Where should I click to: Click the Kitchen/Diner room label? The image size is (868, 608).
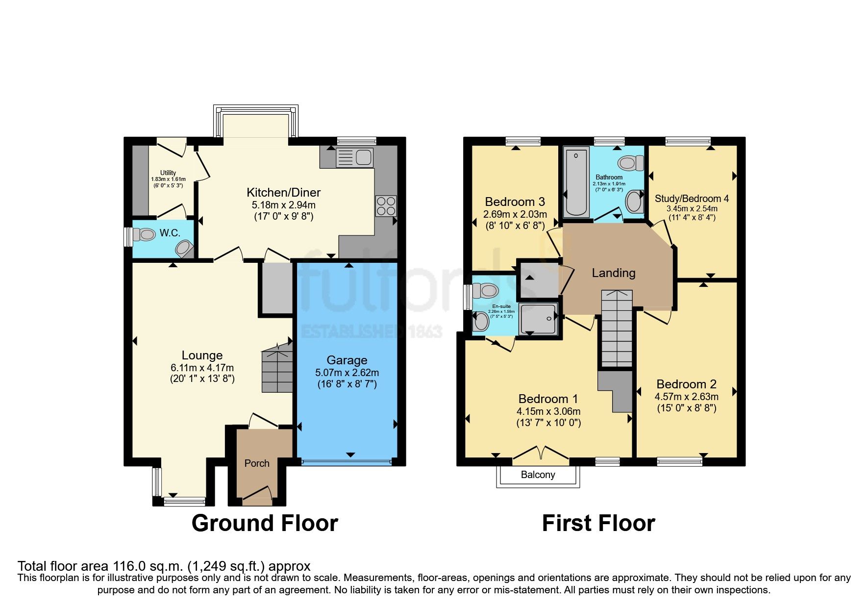[x=283, y=193]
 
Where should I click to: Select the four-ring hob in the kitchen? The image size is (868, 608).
[x=386, y=206]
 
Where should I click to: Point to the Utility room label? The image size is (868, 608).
[x=168, y=173]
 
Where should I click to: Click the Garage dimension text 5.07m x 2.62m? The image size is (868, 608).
[x=347, y=373]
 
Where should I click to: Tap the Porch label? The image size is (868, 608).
[x=257, y=463]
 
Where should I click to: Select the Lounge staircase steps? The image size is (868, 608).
[x=277, y=370]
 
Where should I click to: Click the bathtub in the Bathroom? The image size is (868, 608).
[x=576, y=182]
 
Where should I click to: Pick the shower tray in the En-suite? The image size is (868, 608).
[x=538, y=319]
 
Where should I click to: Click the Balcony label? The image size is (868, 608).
[x=538, y=475]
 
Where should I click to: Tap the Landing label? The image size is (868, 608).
[x=613, y=273]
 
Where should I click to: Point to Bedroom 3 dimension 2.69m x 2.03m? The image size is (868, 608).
[x=515, y=214]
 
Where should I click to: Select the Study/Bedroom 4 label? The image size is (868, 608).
[x=692, y=199]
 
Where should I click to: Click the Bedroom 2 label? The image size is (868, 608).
[x=686, y=384]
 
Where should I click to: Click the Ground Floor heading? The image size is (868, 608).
[x=265, y=523]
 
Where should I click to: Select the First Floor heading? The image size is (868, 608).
[x=598, y=523]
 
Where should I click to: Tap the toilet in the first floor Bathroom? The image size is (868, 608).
[x=631, y=163]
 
